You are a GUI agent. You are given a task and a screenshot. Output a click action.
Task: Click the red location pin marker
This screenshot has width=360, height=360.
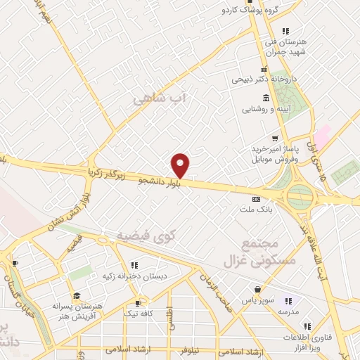pos(181,165)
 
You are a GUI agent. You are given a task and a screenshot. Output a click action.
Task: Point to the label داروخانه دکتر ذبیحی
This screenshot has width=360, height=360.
pos(271,79)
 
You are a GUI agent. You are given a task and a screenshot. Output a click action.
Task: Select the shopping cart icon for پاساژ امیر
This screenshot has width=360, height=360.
pos(275,138)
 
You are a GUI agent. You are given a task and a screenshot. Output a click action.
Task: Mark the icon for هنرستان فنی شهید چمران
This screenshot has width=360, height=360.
pos(285,31)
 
